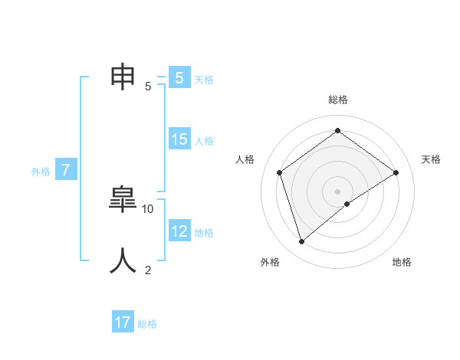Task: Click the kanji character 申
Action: [123, 76]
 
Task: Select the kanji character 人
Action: [123, 260]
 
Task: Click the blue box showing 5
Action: [179, 78]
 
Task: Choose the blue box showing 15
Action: [179, 139]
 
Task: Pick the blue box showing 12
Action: [179, 231]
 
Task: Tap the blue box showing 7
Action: [66, 171]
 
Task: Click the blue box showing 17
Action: [123, 322]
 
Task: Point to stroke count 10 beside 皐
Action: [148, 208]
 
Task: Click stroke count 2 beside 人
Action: [148, 270]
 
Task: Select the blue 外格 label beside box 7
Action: [41, 172]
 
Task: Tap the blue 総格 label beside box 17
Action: [147, 324]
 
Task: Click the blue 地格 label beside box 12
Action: [204, 233]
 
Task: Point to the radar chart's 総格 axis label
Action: [337, 100]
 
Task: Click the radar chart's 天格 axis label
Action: [431, 159]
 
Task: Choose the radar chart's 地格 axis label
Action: [402, 262]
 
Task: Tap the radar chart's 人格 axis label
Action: [245, 159]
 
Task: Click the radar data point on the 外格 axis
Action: [301, 242]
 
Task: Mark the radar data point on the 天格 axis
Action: [396, 172]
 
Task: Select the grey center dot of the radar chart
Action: [337, 191]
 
